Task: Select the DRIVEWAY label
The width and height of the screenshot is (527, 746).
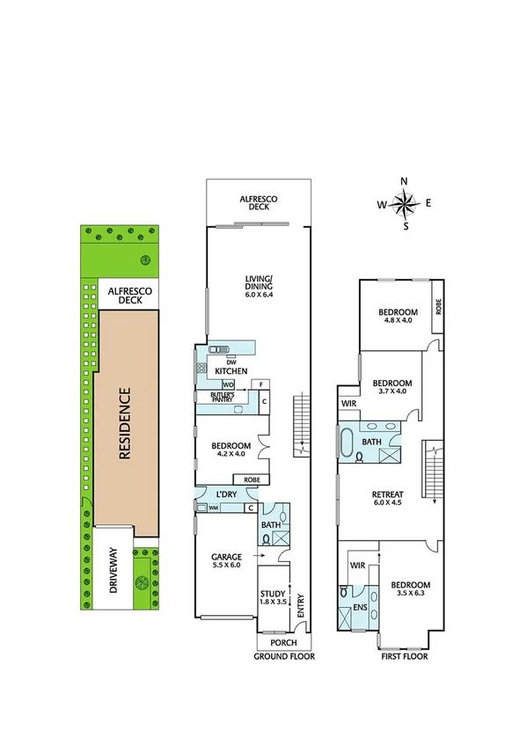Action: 112,571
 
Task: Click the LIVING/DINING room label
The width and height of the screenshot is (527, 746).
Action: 259,286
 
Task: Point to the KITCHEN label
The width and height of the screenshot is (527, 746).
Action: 231,371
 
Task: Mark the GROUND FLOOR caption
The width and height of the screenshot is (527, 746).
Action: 284,656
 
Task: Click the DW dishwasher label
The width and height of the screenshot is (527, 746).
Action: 231,361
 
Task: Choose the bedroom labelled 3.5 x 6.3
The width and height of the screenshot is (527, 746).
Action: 410,590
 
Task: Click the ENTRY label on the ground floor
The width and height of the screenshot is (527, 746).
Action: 302,606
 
